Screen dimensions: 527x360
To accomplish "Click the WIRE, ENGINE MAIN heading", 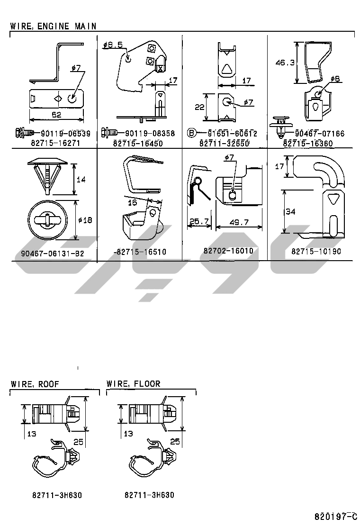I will click(x=53, y=26).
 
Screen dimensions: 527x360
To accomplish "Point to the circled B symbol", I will click(x=191, y=133).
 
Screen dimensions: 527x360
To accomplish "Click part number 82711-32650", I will click(x=224, y=143).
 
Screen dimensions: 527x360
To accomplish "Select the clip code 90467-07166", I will click(x=320, y=134).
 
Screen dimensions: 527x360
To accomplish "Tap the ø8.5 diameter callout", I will click(x=113, y=45).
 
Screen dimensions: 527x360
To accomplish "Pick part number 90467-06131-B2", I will click(x=52, y=254).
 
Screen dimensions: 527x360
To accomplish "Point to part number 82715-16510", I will click(x=140, y=252).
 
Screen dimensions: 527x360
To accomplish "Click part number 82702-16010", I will click(x=228, y=251).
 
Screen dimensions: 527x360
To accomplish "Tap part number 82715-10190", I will click(x=315, y=251).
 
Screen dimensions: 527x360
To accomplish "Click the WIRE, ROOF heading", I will click(x=35, y=384).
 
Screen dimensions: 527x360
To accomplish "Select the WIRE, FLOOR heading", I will click(x=133, y=384).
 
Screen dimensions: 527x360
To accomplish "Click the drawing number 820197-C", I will click(x=335, y=516).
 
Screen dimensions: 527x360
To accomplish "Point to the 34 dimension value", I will click(x=290, y=212).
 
